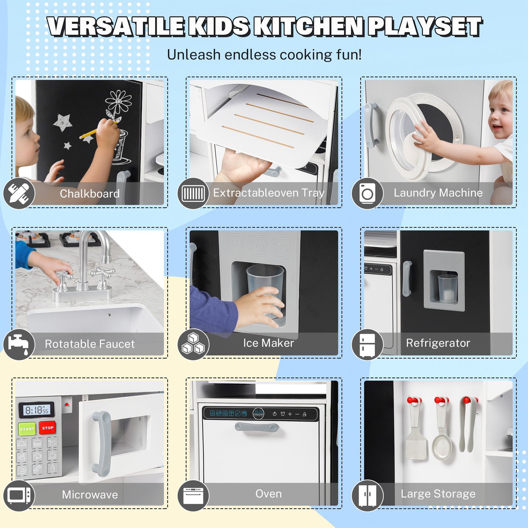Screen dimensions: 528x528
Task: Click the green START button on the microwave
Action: tap(27, 429)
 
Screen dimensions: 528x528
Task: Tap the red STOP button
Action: tap(47, 428)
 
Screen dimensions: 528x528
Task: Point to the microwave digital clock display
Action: tap(36, 410)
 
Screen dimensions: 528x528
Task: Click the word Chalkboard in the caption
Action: tap(90, 193)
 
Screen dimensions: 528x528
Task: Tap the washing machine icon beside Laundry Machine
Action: tap(367, 193)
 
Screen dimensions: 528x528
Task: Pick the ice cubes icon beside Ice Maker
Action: tap(193, 344)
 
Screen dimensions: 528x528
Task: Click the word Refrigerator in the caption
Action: tap(438, 343)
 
